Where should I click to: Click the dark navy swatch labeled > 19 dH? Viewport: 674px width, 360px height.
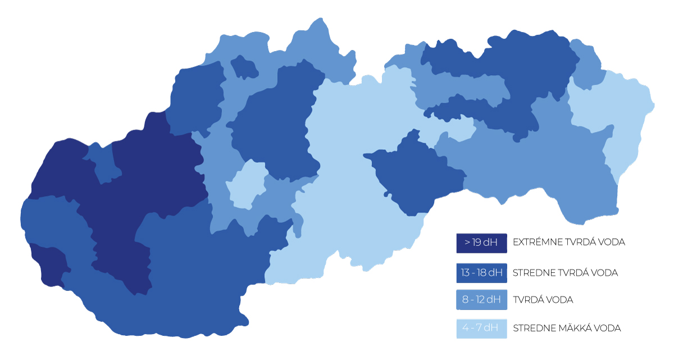(481, 243)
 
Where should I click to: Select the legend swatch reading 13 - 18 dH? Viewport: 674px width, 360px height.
(481, 273)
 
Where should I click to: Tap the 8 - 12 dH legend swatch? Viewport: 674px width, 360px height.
(481, 300)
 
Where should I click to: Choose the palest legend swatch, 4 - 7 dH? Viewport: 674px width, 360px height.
(481, 329)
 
